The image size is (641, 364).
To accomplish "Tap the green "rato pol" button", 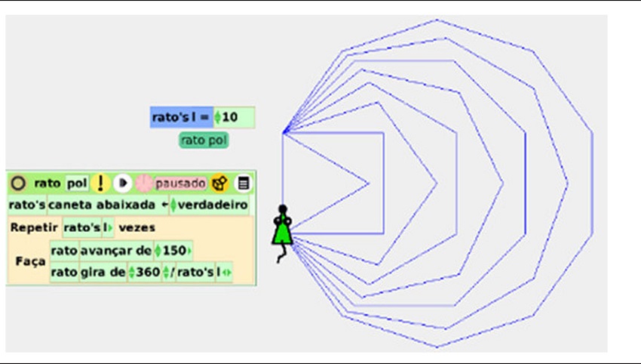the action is click(x=204, y=140).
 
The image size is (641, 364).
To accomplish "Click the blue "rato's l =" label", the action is click(x=181, y=118).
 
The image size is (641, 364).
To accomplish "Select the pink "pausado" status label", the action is click(x=180, y=183).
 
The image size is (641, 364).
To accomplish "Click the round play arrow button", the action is click(x=123, y=183).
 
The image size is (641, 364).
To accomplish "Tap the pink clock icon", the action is click(x=143, y=183).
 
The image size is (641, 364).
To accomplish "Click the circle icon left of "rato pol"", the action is click(x=18, y=183).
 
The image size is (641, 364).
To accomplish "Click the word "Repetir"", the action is click(x=34, y=227).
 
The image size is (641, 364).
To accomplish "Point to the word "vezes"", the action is click(x=138, y=227).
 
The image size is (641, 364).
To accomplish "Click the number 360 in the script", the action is click(x=147, y=272).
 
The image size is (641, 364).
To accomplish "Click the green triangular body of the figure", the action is click(x=282, y=231).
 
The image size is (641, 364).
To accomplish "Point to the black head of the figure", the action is click(x=283, y=209).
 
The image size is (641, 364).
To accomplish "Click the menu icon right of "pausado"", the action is click(x=243, y=183).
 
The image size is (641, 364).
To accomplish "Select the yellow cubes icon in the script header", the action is click(x=220, y=183).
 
